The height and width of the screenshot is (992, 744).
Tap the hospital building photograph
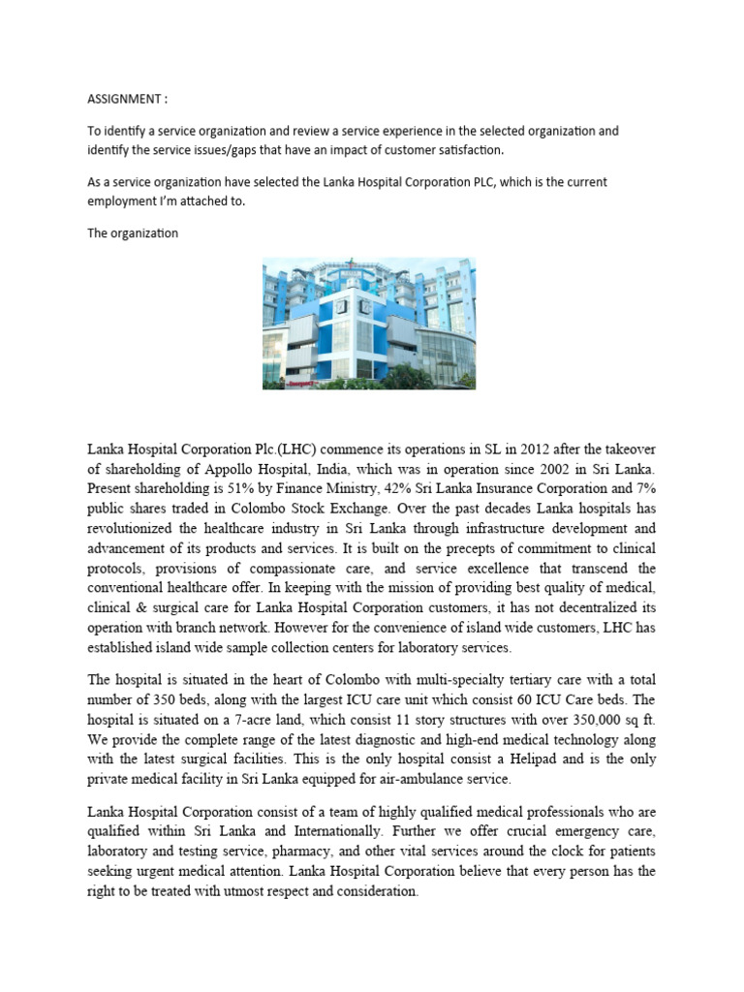pyautogui.click(x=369, y=324)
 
